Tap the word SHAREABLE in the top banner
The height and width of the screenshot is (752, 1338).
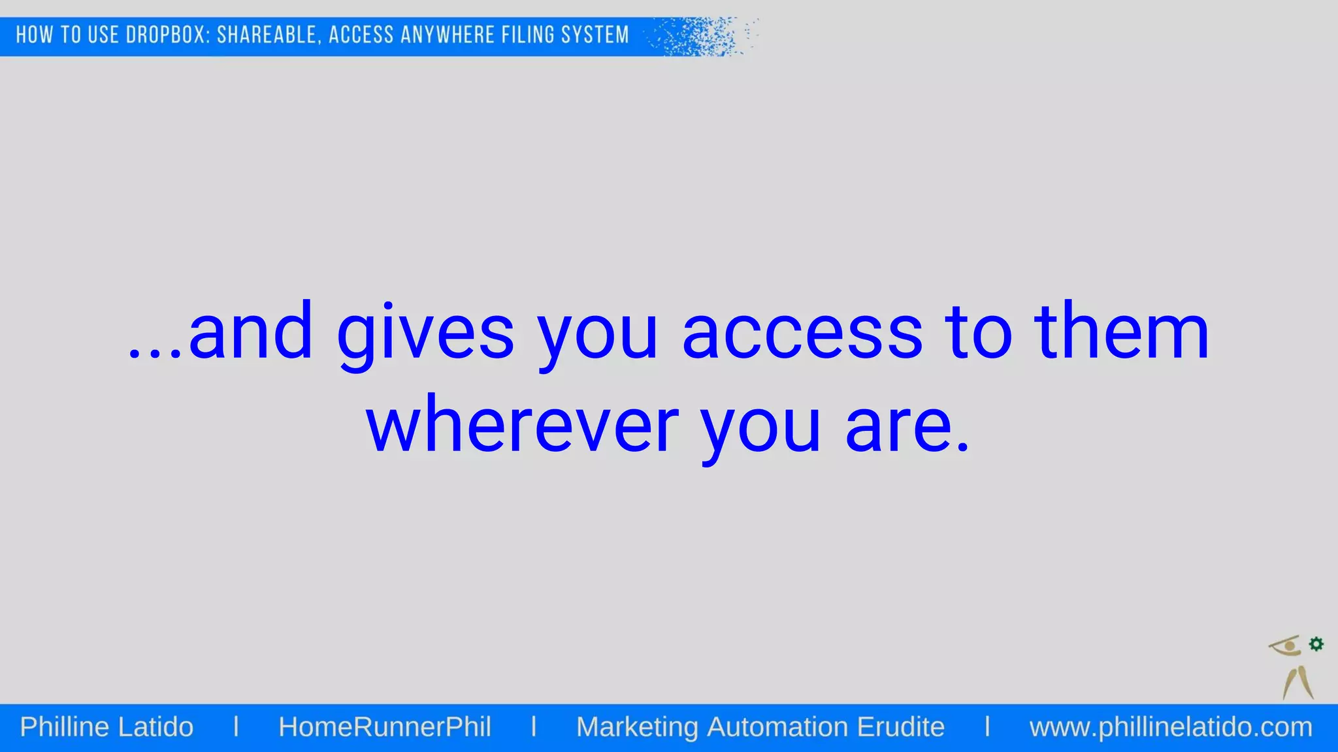269,35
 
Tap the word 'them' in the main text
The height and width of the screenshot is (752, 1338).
1122,333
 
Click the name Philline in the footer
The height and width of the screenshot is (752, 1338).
64,727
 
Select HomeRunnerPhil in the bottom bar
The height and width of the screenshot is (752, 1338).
385,727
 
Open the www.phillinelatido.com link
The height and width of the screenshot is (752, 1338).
1171,727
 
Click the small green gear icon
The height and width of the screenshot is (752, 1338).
1316,644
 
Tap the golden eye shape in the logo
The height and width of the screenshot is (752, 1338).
1286,646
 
